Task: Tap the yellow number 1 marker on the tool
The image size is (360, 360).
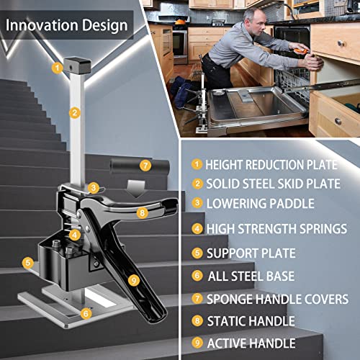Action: point(58,68)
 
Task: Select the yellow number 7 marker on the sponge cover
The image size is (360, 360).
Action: point(145,166)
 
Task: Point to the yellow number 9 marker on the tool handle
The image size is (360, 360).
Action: point(134,280)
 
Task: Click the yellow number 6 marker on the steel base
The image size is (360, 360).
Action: point(86,313)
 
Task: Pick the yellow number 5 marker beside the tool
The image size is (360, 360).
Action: point(28,262)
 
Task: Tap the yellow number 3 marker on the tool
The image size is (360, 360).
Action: point(94,188)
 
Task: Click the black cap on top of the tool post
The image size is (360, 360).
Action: point(77,65)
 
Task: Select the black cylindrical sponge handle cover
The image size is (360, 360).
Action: point(140,166)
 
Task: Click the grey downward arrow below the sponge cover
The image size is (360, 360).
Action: point(137,189)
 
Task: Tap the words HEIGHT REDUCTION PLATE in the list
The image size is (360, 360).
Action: point(271,165)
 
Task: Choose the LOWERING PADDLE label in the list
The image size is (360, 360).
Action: point(261,204)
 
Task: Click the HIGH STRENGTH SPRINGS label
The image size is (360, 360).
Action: point(277,229)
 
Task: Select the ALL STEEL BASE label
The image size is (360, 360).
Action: point(251,276)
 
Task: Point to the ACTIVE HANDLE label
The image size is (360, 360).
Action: point(251,343)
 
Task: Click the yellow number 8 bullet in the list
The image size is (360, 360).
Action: point(197,320)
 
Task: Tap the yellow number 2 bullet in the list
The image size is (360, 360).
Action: point(197,184)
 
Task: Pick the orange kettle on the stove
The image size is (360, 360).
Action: point(179,21)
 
